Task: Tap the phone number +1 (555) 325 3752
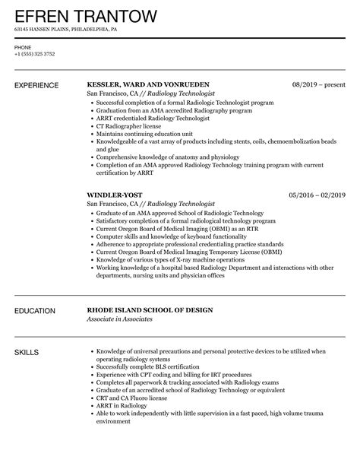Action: tap(33, 55)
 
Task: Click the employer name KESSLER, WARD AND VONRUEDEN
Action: tap(148, 84)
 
